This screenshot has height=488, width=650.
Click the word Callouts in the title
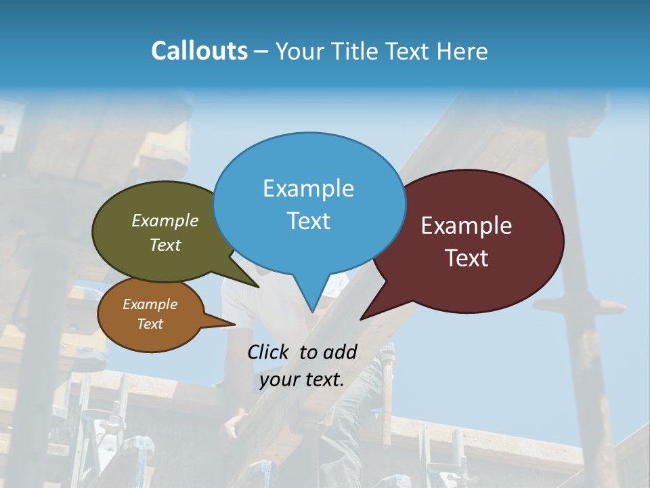tap(199, 51)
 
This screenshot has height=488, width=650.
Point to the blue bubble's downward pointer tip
tap(312, 310)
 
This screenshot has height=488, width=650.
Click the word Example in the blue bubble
tap(308, 188)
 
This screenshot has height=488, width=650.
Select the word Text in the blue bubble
tap(308, 221)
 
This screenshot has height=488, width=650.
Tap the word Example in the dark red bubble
tap(467, 226)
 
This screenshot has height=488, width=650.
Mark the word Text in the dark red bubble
tap(467, 258)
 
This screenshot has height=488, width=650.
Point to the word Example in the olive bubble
tap(165, 220)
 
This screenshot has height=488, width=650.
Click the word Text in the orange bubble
tap(150, 324)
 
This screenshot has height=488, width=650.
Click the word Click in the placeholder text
tap(267, 352)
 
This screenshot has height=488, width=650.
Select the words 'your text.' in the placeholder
tap(302, 380)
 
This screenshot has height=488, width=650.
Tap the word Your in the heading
tap(301, 51)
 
